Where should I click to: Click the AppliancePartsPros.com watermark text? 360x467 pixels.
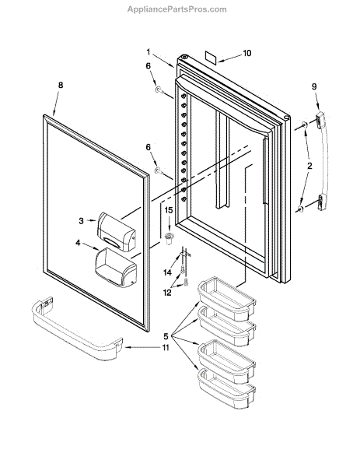[177, 9]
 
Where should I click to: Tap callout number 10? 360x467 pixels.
[247, 53]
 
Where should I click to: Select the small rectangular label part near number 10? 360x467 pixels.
[211, 57]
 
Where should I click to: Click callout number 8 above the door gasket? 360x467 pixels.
[61, 85]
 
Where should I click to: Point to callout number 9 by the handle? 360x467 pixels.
[314, 86]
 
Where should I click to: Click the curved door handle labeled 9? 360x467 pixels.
[325, 161]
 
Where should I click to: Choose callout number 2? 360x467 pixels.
[309, 166]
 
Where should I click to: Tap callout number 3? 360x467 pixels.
[81, 221]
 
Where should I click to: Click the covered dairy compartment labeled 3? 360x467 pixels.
[116, 232]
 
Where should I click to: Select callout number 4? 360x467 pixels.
[78, 243]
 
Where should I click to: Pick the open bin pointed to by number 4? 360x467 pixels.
[116, 268]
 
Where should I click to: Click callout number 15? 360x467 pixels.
[169, 210]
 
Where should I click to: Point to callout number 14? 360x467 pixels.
[167, 272]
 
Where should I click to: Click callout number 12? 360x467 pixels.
[167, 293]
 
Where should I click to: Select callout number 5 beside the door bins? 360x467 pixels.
[166, 336]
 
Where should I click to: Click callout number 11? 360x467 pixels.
[165, 348]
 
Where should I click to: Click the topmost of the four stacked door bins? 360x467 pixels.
[227, 298]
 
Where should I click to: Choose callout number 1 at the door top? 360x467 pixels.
[149, 52]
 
